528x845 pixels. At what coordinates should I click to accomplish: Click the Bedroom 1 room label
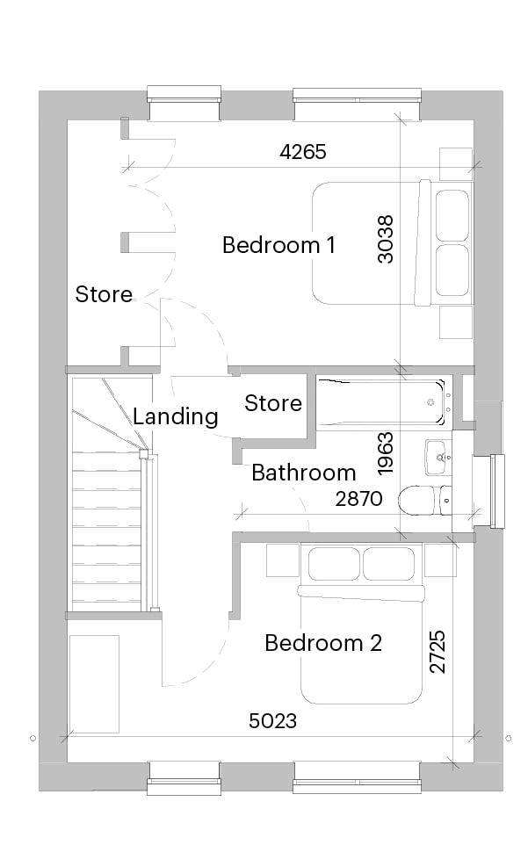point(278,245)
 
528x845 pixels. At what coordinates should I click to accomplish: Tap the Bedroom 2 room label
point(323,643)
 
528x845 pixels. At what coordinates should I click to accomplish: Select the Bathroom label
point(304,473)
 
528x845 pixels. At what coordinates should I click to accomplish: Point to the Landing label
point(176,417)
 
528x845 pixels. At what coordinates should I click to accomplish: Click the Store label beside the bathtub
point(273,403)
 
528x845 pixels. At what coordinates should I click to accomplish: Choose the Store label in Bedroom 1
point(104,294)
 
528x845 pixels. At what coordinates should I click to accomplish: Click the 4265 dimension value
point(303,152)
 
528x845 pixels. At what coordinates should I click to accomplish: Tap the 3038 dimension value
point(386,239)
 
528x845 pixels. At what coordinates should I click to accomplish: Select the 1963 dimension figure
point(386,454)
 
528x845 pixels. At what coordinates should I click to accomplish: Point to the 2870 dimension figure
point(358,499)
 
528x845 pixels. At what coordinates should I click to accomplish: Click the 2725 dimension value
point(438,652)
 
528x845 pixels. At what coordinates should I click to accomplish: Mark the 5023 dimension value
point(272,720)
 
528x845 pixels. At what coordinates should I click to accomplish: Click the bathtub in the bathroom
point(382,402)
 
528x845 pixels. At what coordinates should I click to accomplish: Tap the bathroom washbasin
point(438,458)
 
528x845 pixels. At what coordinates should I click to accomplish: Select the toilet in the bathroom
point(425,500)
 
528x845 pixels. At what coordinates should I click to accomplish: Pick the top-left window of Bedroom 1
point(184,103)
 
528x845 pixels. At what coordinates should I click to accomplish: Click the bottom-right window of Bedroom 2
point(357,778)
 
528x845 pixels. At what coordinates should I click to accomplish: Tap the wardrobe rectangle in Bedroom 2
point(94,684)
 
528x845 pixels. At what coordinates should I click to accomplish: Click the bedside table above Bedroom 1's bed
point(456,164)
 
